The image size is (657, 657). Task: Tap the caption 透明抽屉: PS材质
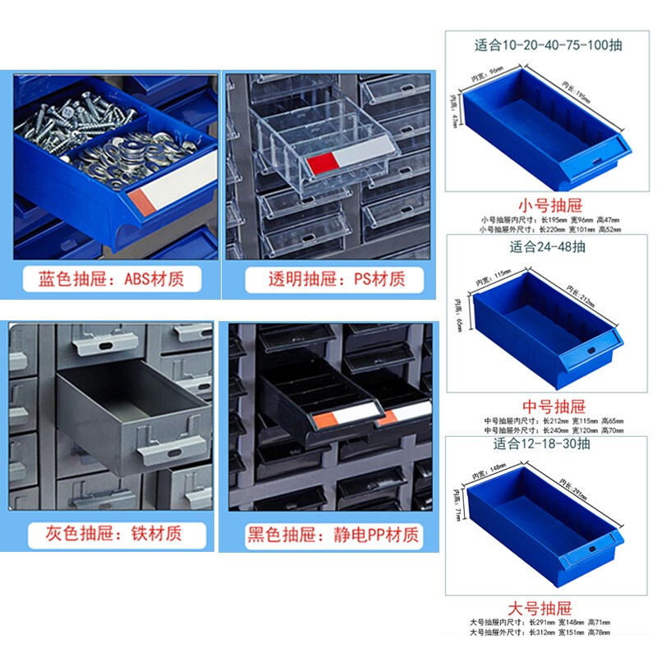[336, 278]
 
